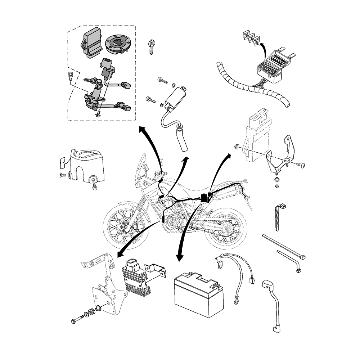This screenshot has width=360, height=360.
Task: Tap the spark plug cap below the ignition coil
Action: [x=181, y=139]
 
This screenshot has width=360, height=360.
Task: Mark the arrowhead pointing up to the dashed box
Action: [x=141, y=129]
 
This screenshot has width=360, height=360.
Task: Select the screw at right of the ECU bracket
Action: [x=300, y=165]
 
